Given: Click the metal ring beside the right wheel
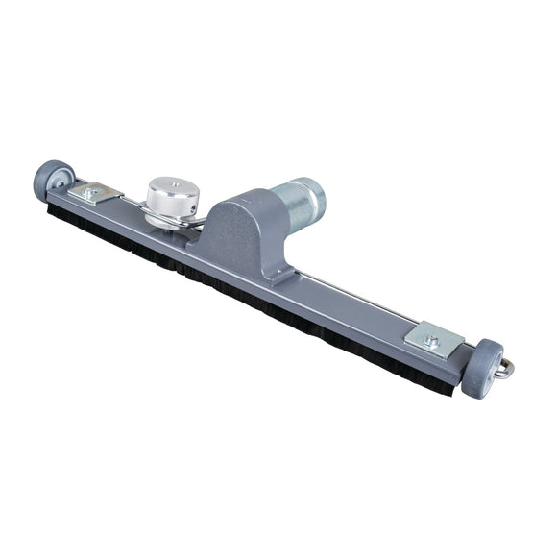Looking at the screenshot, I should [505, 368].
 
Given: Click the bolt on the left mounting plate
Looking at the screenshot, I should [90, 192].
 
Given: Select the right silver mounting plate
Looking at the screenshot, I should [434, 339].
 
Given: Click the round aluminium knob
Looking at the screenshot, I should [172, 197].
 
